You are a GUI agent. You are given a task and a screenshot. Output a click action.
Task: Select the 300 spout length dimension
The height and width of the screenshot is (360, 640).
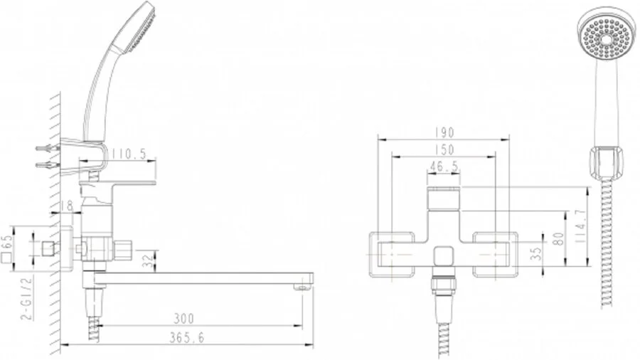coord(183,319)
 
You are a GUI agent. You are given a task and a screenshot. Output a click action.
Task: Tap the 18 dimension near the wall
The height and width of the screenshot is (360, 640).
coord(68,206)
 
